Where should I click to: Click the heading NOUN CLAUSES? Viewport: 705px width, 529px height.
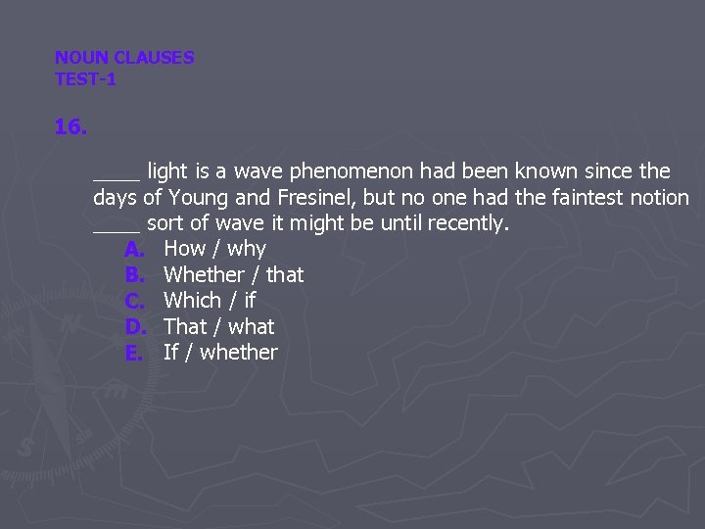pos(124,58)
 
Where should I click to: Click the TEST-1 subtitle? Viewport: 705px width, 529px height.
pos(85,79)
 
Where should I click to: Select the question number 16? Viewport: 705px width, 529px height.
pos(70,127)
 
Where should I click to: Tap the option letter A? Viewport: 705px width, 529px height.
pos(135,249)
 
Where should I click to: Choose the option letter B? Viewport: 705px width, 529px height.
pos(135,274)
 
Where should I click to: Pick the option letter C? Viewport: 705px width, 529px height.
pos(135,300)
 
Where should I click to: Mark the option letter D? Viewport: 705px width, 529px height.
pos(135,326)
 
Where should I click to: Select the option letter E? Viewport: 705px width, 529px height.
pos(134,352)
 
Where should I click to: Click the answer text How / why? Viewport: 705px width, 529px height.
pos(214,249)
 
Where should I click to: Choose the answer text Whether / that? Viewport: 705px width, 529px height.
pos(233,274)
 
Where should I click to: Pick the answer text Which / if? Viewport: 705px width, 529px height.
pos(209,300)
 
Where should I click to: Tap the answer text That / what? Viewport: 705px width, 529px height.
pos(218,326)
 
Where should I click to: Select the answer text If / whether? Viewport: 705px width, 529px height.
pos(220,352)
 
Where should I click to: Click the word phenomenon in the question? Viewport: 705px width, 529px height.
pos(357,172)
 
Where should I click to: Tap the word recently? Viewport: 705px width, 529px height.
pos(470,223)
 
